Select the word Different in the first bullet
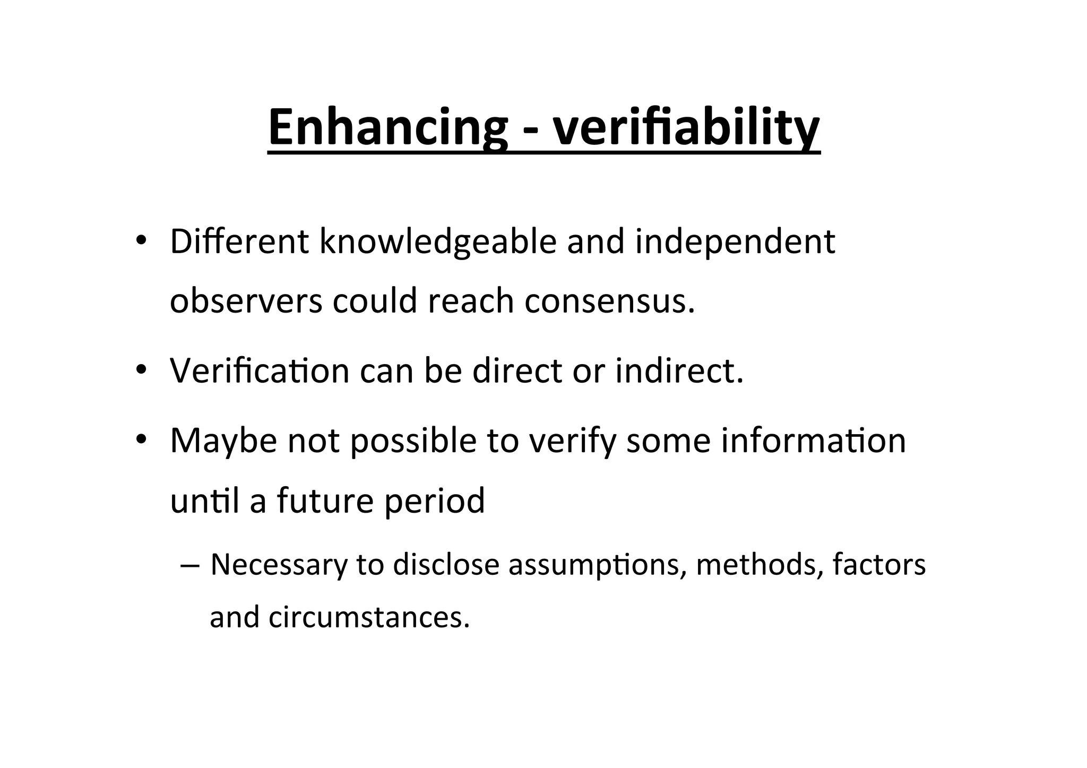click(x=239, y=241)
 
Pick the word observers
click(x=246, y=300)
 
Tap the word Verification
click(x=259, y=370)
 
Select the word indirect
click(x=679, y=370)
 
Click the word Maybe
click(x=223, y=441)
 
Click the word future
click(x=325, y=501)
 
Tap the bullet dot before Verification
click(x=141, y=370)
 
